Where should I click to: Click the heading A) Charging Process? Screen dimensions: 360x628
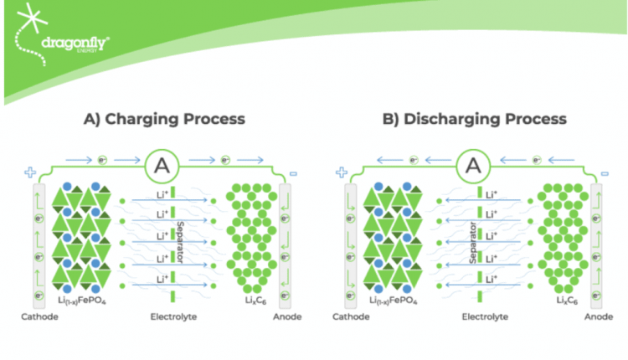[164, 118]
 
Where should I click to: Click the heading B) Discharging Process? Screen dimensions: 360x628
[474, 118]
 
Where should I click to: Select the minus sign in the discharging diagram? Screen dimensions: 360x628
[605, 173]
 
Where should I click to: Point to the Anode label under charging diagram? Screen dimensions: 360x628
[286, 316]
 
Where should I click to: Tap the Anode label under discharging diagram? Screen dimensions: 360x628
[596, 316]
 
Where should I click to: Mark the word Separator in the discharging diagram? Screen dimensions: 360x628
[474, 242]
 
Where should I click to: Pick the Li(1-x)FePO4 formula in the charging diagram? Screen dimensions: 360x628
[82, 299]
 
